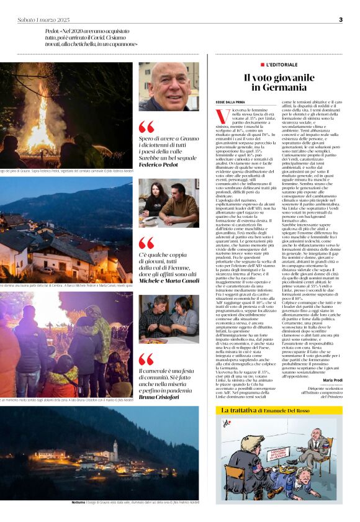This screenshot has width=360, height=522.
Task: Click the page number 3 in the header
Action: tap(341, 19)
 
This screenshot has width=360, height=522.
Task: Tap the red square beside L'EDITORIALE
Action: tap(263, 64)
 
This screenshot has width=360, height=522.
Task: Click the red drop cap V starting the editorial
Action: tap(219, 115)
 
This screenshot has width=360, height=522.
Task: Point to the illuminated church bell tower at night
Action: tap(115, 450)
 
